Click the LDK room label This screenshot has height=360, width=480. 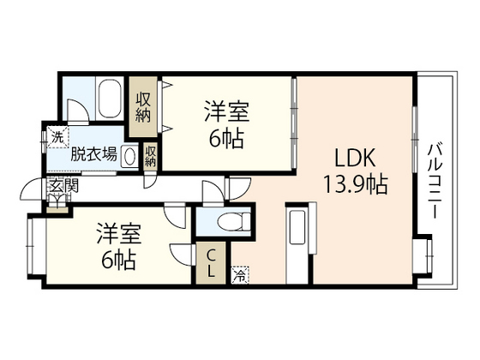point(353,159)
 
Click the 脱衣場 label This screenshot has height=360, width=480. point(93,155)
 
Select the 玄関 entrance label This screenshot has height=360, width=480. point(58,186)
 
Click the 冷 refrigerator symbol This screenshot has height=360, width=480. point(240,275)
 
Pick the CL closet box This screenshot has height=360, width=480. point(211,264)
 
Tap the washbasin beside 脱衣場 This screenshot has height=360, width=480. point(129,157)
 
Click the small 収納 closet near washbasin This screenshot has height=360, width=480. point(150,157)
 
